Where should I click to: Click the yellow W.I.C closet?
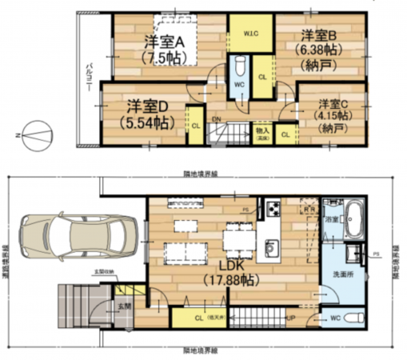click(x=250, y=34)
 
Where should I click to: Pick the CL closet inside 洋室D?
click(x=195, y=125)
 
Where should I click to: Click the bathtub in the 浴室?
click(x=355, y=217)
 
